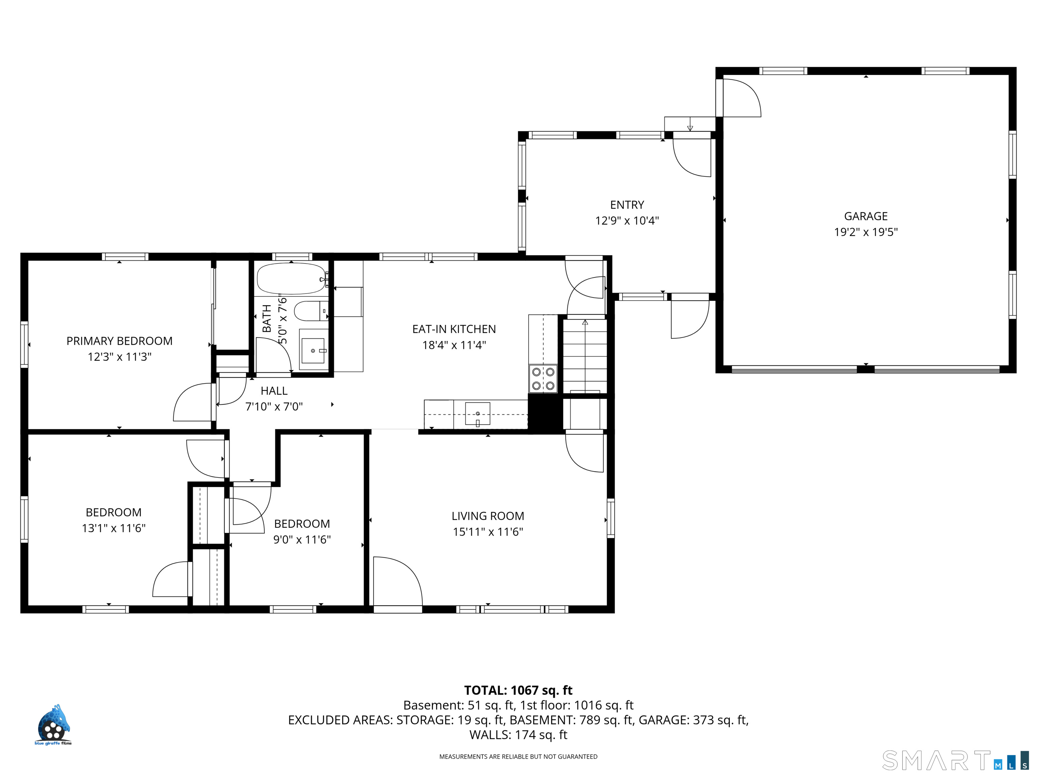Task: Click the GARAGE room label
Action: [x=866, y=216]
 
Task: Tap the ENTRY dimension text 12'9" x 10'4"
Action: [x=627, y=221]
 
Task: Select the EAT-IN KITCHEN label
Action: [x=454, y=329]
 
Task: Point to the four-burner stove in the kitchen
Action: [x=543, y=379]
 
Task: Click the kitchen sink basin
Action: [x=477, y=414]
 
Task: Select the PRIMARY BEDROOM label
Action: [x=119, y=341]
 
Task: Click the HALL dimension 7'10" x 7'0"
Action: [x=274, y=407]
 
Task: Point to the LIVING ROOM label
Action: [x=487, y=516]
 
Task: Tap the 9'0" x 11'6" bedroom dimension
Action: [x=302, y=539]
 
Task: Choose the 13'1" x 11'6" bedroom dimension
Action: [x=113, y=528]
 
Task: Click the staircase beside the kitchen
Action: [x=585, y=356]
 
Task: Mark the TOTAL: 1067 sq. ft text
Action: [x=518, y=690]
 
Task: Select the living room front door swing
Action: [x=398, y=581]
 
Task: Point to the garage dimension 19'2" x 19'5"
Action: [x=866, y=232]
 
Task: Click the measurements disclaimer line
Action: [x=518, y=756]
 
